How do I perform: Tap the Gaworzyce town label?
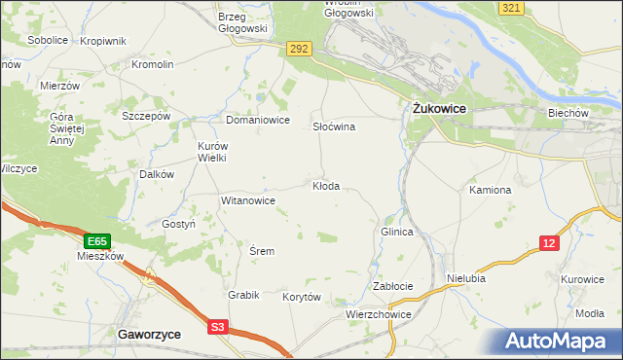tap(149, 333)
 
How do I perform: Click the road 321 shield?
tap(512, 8)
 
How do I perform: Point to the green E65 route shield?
tap(95, 240)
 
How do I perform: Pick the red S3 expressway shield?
tap(220, 328)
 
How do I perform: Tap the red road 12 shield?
tap(551, 242)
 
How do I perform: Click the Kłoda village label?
tap(326, 186)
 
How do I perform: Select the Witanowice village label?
tap(248, 200)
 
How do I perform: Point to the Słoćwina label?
tap(334, 127)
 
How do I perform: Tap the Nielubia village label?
tap(466, 277)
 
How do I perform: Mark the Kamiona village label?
tap(490, 190)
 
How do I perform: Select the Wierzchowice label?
tap(379, 315)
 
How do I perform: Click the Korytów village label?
tap(301, 297)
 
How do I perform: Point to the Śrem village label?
tap(262, 251)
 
